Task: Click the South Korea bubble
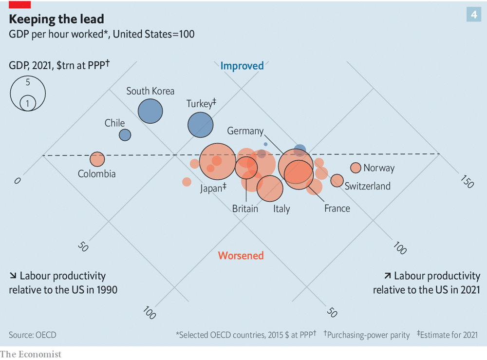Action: (150, 111)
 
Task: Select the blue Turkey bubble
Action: (200, 124)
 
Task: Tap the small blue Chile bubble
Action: (125, 135)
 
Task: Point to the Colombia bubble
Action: (97, 159)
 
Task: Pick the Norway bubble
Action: (356, 168)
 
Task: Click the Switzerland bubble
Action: (337, 180)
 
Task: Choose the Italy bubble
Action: (270, 189)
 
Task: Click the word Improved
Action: (242, 66)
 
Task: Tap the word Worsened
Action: (241, 255)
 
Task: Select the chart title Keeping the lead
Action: (56, 19)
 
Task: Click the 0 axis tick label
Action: (18, 181)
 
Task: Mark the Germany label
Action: (245, 131)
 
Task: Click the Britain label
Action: (245, 208)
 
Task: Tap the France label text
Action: (337, 208)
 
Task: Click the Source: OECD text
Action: (32, 335)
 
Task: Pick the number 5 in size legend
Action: (28, 82)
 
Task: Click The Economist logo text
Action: (31, 354)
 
